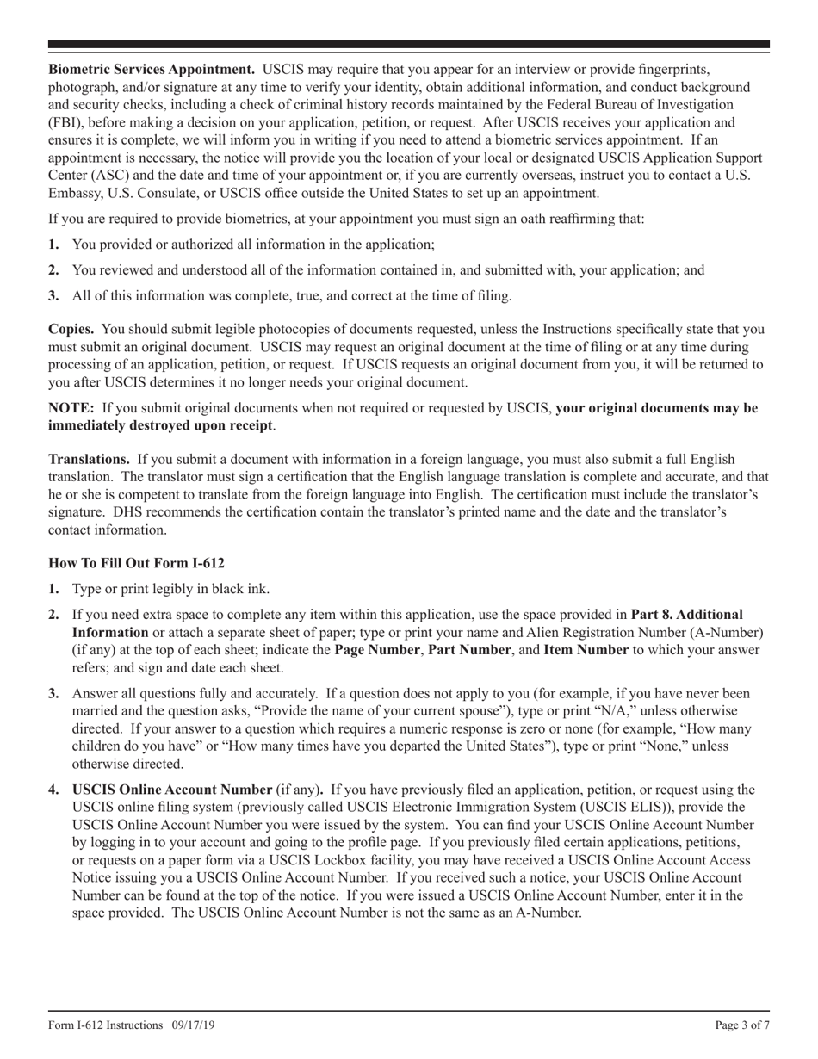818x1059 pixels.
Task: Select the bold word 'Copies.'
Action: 72,329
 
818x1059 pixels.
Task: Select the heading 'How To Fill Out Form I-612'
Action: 136,563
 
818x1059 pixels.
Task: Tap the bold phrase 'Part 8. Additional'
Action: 686,615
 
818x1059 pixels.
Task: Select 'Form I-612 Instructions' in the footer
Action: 106,1025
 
